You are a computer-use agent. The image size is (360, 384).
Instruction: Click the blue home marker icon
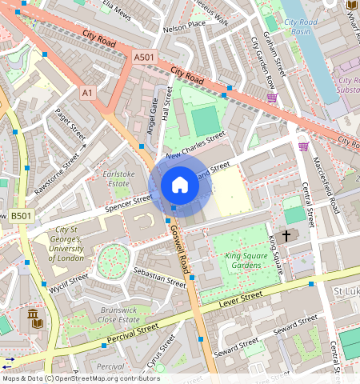coord(180,186)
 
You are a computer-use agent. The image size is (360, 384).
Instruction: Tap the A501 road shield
coord(144,58)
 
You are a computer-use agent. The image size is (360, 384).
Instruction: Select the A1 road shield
coord(87,94)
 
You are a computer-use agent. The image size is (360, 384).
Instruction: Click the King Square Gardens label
coord(243,260)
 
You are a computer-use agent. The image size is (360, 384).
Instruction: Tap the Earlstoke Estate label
coord(117,178)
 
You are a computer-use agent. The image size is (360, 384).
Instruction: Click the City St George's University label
coord(66,246)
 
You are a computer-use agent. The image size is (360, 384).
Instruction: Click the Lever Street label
coord(242,300)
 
